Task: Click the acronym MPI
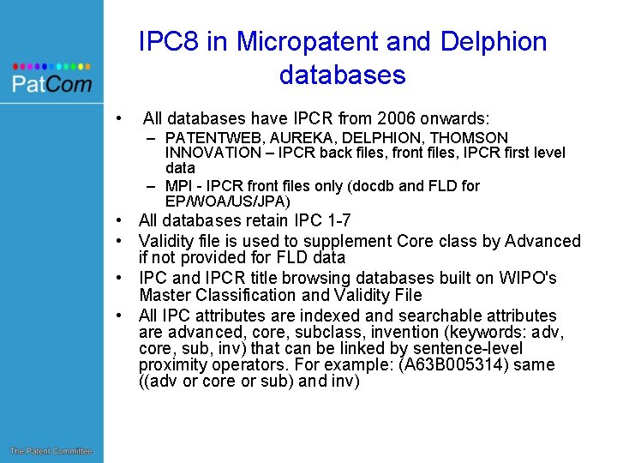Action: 179,185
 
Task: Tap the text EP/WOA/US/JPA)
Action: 228,201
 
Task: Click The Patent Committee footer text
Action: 51,451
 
